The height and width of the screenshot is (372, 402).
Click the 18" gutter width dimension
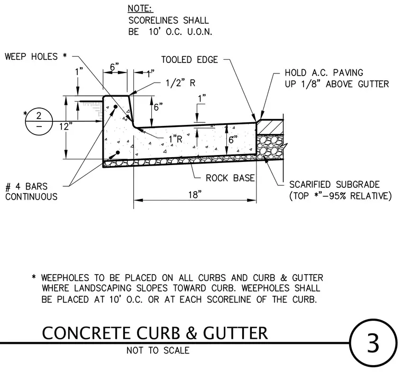tap(195, 195)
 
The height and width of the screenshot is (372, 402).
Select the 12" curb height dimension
tap(66, 126)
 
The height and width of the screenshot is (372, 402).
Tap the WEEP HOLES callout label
tap(36, 57)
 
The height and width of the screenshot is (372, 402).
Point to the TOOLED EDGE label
tap(189, 60)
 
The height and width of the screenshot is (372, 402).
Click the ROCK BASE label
tap(230, 178)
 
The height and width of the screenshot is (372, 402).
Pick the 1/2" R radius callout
tap(180, 83)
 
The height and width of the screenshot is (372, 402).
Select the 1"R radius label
tap(176, 139)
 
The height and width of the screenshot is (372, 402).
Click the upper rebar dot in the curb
tap(116, 106)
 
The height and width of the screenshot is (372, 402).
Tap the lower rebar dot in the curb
tap(118, 152)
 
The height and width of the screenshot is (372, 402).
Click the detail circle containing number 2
tap(39, 121)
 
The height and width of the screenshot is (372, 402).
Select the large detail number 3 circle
tap(373, 343)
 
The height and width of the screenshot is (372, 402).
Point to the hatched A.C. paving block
tap(270, 127)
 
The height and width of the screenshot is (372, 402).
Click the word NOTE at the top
tap(140, 8)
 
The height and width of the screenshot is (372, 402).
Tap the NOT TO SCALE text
tap(158, 350)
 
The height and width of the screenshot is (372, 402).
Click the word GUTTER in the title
tap(235, 333)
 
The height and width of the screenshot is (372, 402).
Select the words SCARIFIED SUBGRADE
tap(334, 185)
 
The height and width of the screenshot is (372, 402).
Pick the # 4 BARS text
tap(26, 186)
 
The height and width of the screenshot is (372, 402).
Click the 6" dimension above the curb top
tap(115, 67)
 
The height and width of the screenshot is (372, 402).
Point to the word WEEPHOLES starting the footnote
tap(65, 278)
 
